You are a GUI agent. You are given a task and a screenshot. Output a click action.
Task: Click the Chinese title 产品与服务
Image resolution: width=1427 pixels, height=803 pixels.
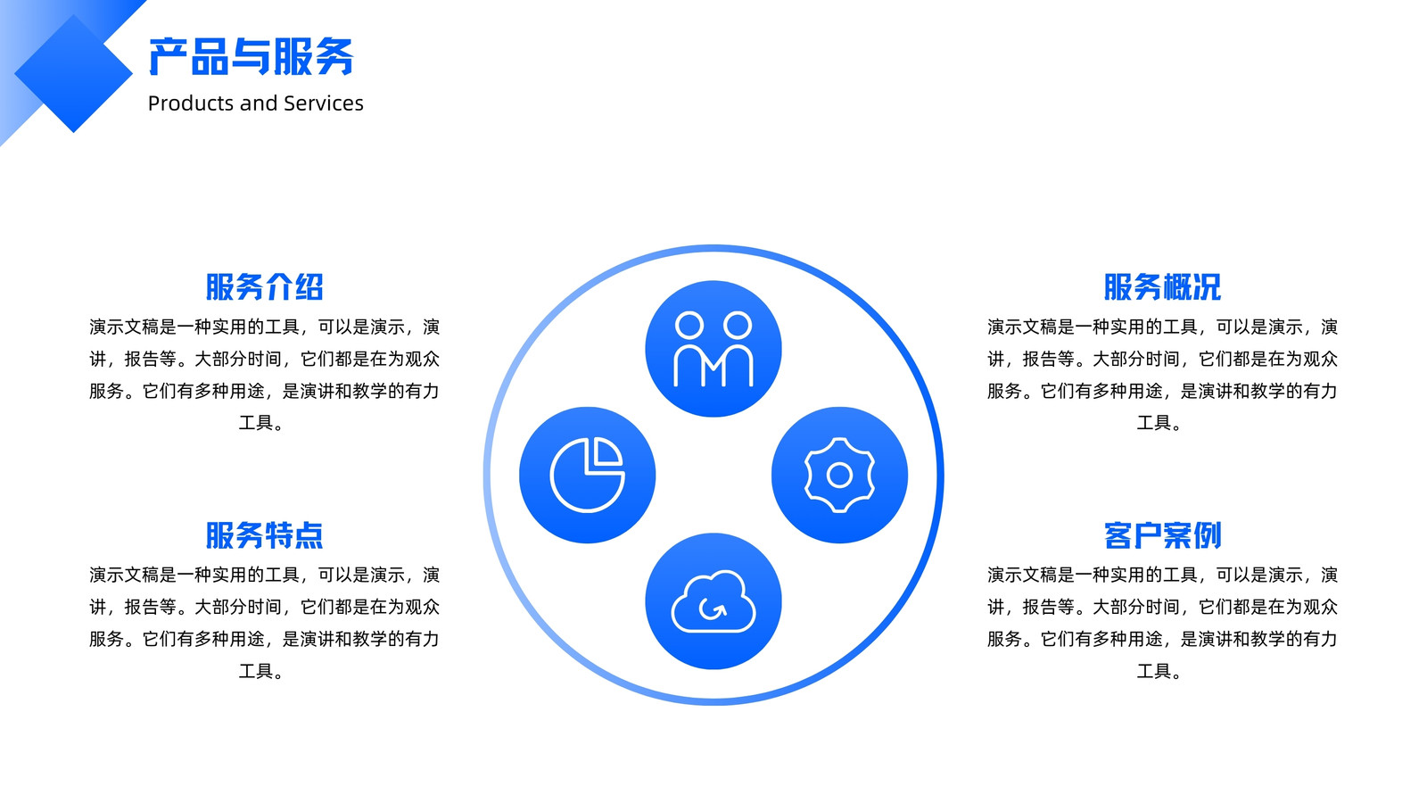point(251,57)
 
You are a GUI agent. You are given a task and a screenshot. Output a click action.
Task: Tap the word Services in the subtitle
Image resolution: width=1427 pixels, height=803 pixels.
point(324,103)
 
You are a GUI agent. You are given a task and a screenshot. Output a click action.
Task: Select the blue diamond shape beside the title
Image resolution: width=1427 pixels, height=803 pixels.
point(73,73)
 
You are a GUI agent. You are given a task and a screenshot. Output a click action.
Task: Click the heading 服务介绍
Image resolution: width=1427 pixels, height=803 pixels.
point(264,286)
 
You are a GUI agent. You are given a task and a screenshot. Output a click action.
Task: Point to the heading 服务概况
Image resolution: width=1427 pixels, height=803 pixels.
point(1163,286)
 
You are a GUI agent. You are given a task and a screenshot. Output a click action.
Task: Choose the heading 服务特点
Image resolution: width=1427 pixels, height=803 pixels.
point(264,535)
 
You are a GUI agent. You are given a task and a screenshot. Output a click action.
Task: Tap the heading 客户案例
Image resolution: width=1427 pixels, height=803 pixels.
point(1163,535)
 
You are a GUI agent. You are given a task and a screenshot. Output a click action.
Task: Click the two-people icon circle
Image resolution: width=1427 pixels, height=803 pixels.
point(713,349)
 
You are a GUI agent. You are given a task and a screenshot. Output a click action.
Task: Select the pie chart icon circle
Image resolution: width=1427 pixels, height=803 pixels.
point(588,475)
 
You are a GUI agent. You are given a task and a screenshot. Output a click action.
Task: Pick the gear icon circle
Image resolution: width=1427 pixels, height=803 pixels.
point(839,475)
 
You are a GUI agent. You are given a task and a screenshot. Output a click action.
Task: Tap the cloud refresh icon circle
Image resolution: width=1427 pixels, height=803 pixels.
point(713,601)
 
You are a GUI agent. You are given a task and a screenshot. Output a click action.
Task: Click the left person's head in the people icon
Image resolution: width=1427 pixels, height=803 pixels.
point(689,325)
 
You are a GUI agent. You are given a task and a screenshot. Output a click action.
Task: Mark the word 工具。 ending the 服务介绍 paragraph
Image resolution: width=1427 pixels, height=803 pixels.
point(262,423)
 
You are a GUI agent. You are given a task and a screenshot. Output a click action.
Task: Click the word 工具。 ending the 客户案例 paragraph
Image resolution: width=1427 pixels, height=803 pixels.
point(1160,671)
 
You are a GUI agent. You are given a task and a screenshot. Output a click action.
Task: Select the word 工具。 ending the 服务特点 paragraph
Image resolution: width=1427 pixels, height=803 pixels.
point(262,671)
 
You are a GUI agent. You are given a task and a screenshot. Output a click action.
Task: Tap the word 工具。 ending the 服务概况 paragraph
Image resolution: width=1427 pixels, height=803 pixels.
point(1160,423)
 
